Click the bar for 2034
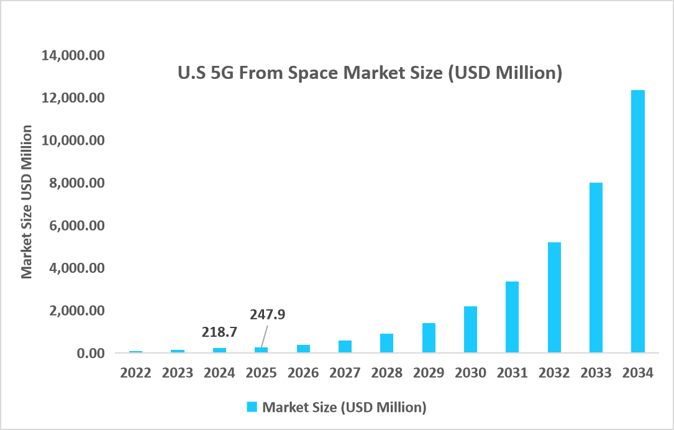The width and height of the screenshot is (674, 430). [637, 222]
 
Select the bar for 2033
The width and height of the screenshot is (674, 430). [595, 268]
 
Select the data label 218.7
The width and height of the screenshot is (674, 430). [219, 332]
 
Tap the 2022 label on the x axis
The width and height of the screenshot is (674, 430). [135, 373]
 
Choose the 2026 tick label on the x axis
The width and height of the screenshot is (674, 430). [303, 373]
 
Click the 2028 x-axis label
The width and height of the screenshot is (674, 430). [387, 373]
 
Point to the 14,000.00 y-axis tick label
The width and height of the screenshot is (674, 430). [73, 56]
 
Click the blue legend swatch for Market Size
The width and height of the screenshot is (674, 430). [252, 407]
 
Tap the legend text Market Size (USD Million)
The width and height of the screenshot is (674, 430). [344, 407]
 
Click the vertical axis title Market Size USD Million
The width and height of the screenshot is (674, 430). [27, 202]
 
